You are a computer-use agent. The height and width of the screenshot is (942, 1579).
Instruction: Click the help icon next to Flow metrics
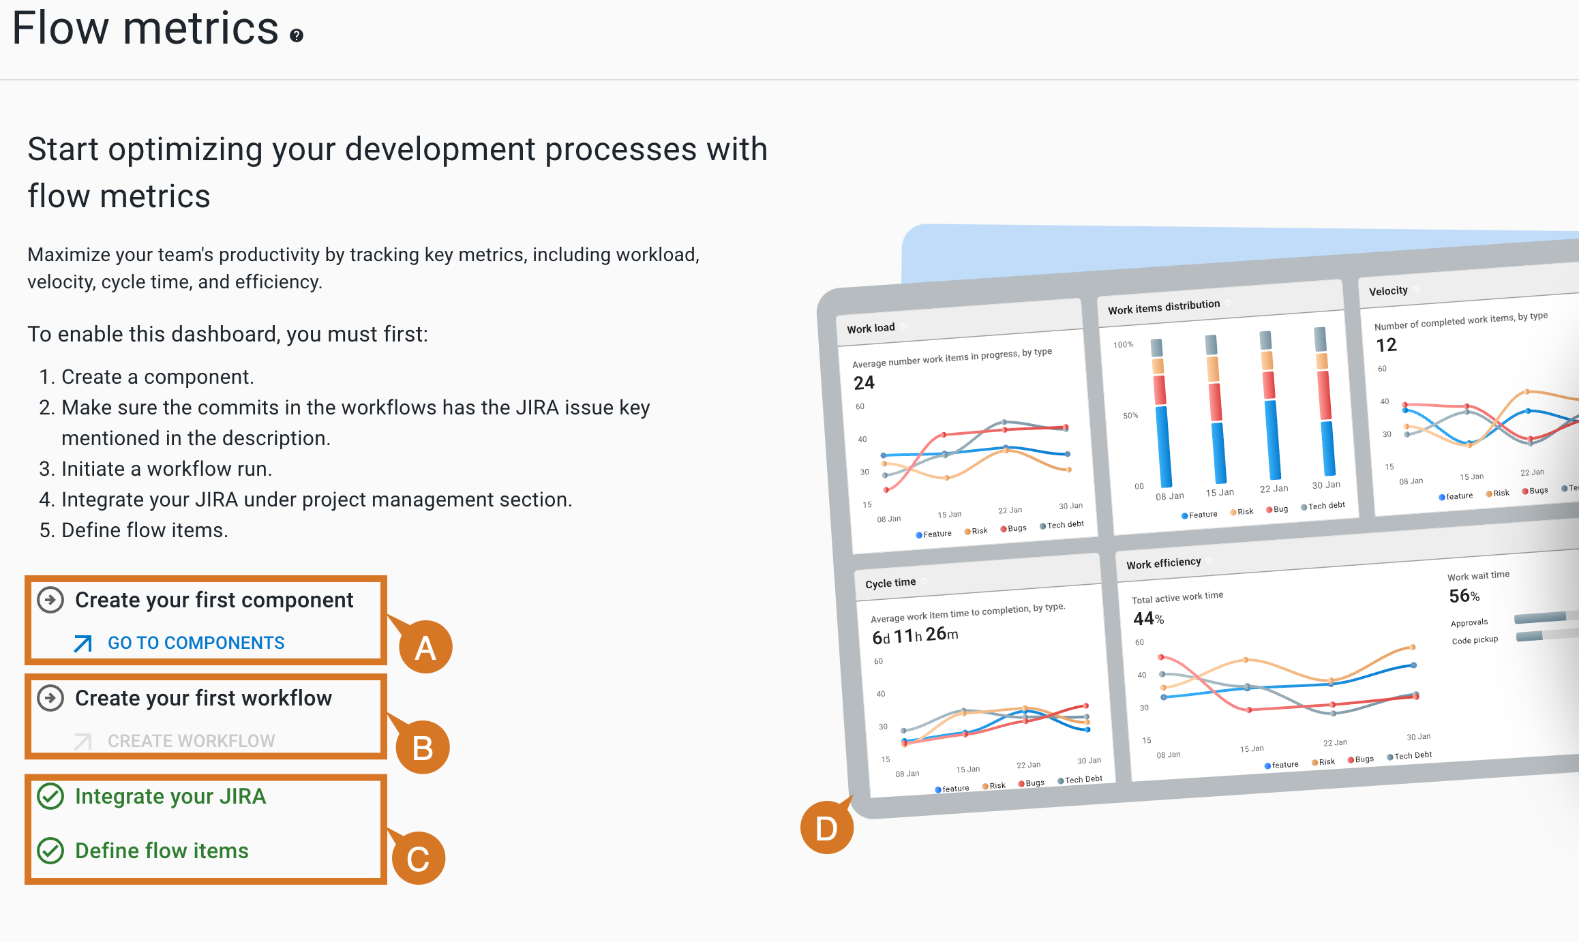pos(296,35)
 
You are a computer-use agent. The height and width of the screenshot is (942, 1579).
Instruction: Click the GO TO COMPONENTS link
pos(196,643)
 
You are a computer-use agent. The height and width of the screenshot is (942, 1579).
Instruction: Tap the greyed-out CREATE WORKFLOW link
pos(191,741)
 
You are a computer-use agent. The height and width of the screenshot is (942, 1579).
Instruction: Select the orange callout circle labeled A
pos(425,647)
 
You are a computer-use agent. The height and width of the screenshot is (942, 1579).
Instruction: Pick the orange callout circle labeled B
pos(423,748)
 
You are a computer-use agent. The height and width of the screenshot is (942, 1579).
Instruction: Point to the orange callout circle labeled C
pos(418,858)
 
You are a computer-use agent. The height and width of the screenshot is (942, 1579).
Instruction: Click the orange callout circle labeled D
pos(826,828)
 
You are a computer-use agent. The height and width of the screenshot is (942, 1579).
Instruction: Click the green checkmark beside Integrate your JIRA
pos(50,796)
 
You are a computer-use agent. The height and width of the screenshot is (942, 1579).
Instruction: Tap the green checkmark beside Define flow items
pos(50,851)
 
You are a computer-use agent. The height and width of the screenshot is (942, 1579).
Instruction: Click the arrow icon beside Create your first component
pos(50,600)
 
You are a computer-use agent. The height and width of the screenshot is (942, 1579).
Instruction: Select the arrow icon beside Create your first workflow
pos(50,698)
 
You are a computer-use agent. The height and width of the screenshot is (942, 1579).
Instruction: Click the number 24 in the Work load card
pos(864,383)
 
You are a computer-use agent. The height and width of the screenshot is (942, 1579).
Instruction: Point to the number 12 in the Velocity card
pos(1386,345)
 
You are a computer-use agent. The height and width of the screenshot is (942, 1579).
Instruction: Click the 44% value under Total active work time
pos(1148,619)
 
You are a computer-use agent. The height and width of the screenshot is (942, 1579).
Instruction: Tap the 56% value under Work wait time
pos(1464,596)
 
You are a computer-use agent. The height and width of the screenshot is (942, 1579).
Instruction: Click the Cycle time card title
pos(890,583)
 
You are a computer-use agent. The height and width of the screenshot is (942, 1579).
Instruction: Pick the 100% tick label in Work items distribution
pos(1123,345)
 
